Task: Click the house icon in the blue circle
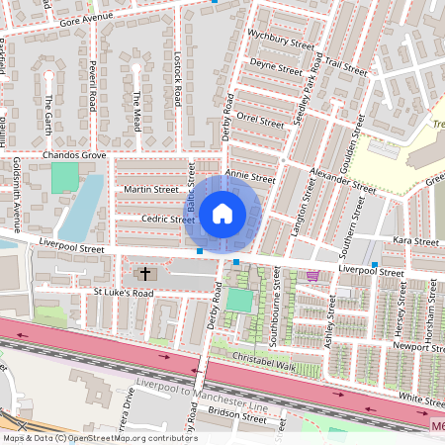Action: [222, 213]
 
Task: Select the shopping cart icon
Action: [312, 276]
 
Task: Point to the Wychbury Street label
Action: [282, 45]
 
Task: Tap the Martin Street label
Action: [151, 189]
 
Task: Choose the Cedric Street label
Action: [151, 220]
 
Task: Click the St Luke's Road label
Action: [124, 293]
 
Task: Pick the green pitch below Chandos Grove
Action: [64, 178]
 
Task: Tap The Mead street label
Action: [137, 111]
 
